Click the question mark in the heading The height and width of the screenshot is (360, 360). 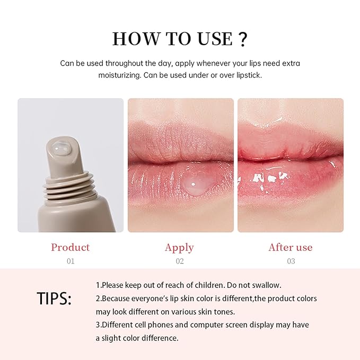coord(242,39)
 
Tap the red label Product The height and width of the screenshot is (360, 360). coord(71,247)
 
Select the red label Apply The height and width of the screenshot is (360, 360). coord(180,247)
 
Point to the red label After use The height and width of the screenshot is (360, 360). coord(291,247)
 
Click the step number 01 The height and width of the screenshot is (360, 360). coord(71,261)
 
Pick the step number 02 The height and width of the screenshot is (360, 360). coord(180,261)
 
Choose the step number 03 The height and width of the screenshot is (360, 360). coord(291,261)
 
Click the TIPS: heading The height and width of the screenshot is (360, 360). coord(54,298)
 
